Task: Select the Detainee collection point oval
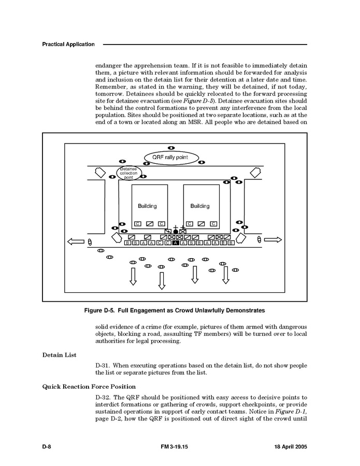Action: (x=128, y=173)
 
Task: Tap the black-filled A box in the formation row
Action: (x=176, y=243)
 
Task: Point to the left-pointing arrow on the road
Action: (x=76, y=241)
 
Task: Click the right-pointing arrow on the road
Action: (x=273, y=239)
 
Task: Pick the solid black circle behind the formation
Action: (x=176, y=232)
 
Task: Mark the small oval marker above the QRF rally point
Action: (x=171, y=148)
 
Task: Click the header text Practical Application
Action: (x=68, y=45)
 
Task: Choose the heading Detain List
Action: (x=59, y=355)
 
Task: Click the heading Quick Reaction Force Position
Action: (x=89, y=386)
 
